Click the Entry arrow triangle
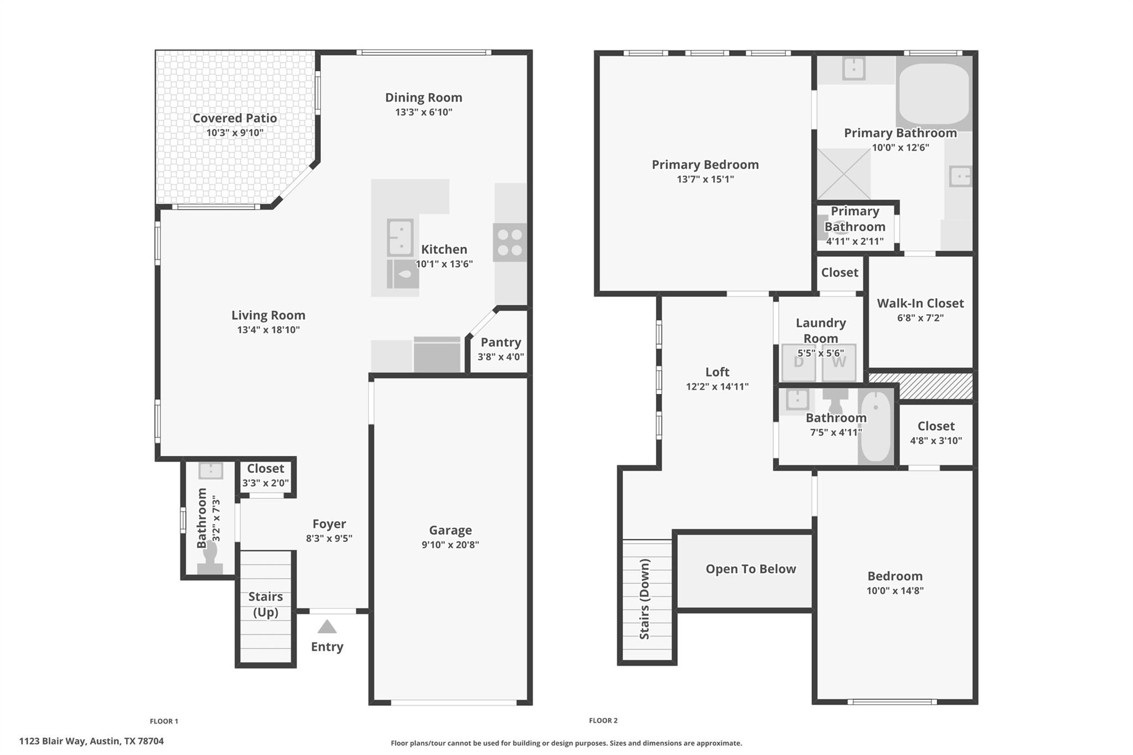327,627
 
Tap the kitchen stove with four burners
510,242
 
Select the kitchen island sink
399,236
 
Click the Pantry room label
501,342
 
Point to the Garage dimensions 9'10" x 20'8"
450,545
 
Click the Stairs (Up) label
266,604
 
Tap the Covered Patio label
235,118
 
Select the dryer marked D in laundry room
798,363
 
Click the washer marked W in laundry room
839,363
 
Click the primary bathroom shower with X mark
844,174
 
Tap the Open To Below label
750,569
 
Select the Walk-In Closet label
920,303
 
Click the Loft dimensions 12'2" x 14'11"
717,387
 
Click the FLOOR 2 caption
603,720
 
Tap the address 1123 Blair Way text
91,741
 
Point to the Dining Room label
424,97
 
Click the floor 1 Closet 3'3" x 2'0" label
266,468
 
